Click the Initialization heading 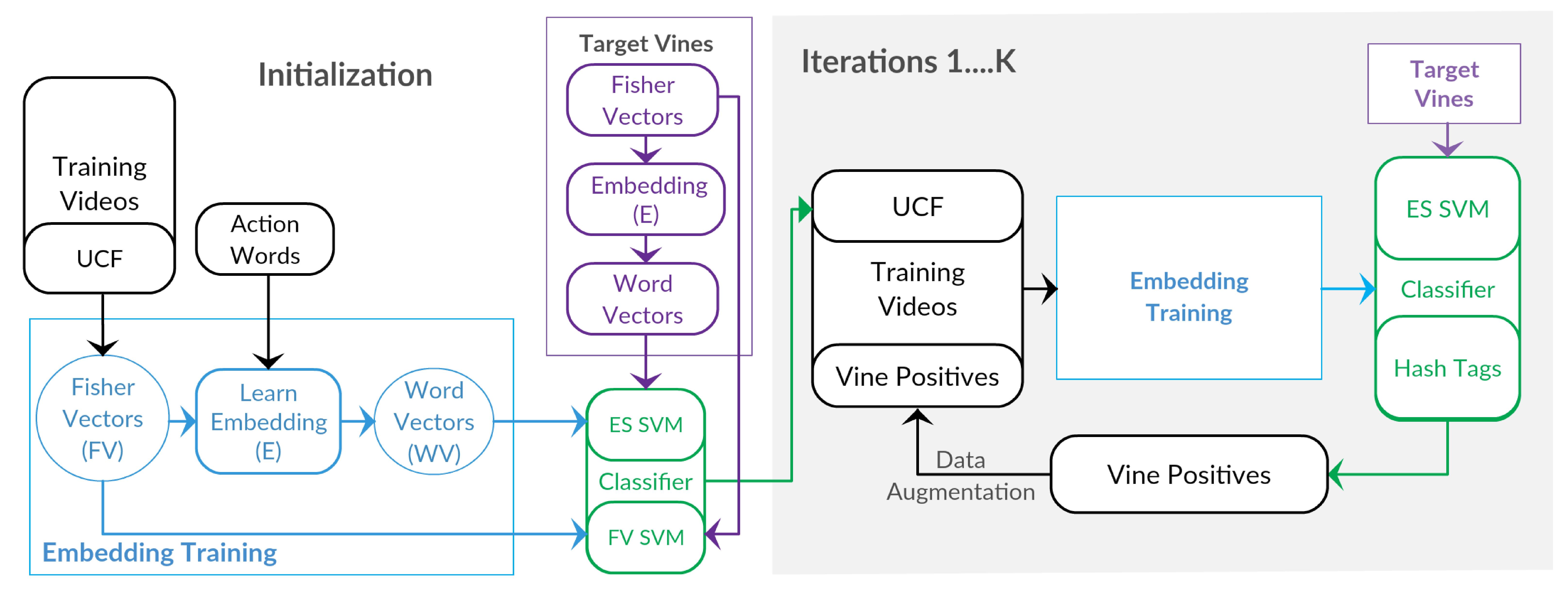pos(345,75)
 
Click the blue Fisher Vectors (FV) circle pos(103,418)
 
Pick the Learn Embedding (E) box pos(268,421)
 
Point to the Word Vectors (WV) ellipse pos(434,421)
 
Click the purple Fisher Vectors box pos(643,100)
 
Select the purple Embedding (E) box pos(645,199)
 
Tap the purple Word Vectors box pos(643,299)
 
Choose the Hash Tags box pos(1447,368)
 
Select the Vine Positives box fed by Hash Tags pos(1188,474)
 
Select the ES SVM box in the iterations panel pos(1447,209)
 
